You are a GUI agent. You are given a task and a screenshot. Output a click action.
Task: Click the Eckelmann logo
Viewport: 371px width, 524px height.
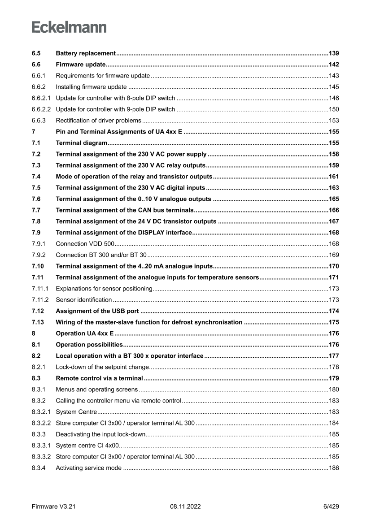(x=69, y=27)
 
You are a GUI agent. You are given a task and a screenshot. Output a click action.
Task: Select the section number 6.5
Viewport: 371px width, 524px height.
(x=36, y=53)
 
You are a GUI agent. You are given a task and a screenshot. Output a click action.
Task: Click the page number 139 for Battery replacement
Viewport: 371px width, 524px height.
(x=334, y=53)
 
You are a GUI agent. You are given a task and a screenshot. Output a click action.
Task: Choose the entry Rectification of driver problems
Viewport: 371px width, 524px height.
(x=99, y=121)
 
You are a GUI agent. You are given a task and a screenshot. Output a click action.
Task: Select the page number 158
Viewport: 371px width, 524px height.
(x=334, y=154)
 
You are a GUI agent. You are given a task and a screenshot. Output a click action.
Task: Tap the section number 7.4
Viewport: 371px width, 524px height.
(x=36, y=177)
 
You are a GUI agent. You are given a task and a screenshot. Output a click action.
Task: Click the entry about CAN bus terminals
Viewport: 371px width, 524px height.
(x=125, y=210)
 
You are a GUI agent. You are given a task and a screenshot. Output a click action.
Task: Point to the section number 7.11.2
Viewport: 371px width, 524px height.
(x=40, y=300)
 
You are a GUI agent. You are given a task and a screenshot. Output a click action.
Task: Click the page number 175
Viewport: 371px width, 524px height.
(x=334, y=322)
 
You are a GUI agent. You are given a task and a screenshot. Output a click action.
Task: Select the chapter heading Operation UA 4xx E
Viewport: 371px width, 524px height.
(x=85, y=333)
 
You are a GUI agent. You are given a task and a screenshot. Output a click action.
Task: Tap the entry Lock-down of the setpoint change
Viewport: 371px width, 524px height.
(x=102, y=367)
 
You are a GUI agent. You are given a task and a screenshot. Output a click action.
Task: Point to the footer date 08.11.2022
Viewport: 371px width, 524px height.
(x=185, y=507)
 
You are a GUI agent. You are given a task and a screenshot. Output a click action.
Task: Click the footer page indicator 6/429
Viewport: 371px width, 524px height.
(x=331, y=507)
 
